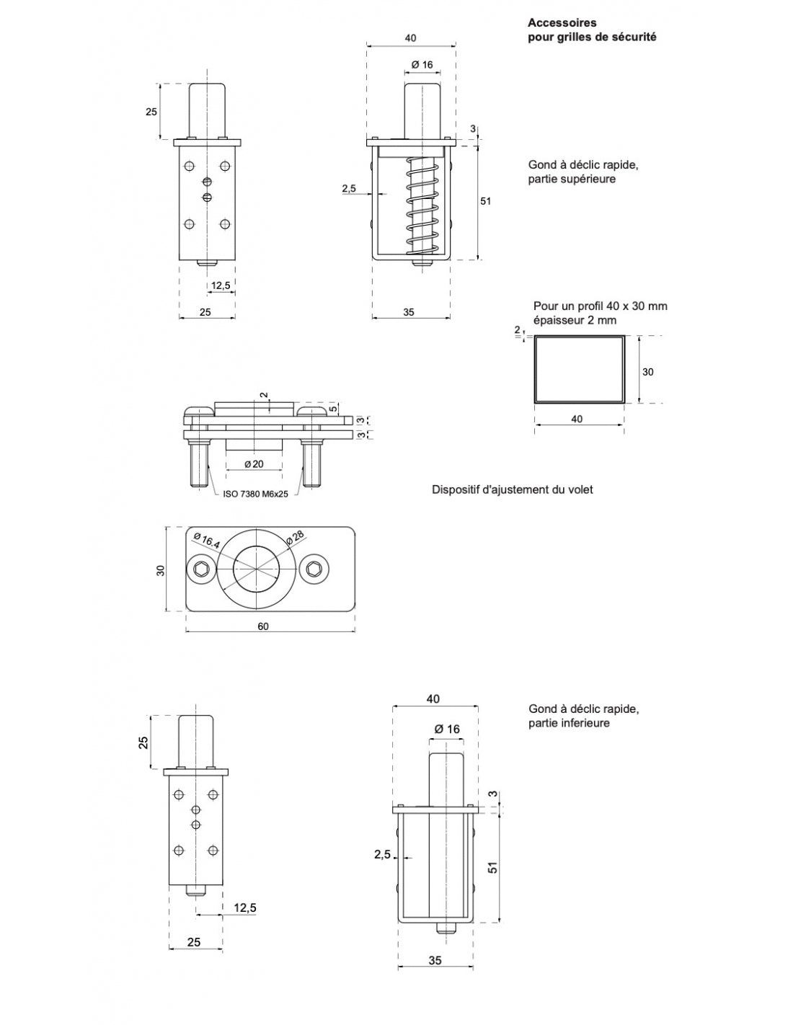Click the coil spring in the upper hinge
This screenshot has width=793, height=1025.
[422, 205]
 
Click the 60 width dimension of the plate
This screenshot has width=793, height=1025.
[263, 626]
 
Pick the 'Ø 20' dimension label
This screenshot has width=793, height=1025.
[254, 464]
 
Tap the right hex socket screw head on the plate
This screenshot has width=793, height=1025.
[314, 571]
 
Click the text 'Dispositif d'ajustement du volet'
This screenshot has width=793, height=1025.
[512, 490]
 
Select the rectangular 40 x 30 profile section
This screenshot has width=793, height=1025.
[578, 369]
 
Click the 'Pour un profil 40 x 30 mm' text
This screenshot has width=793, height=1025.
[600, 306]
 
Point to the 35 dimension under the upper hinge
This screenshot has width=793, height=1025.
[408, 313]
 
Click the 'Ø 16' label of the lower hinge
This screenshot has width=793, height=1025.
[447, 729]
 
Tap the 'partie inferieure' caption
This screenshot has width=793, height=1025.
[569, 723]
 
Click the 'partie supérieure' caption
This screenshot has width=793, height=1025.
[572, 179]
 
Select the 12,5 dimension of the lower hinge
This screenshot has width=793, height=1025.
[244, 908]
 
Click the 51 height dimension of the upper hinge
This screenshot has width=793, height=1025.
[485, 201]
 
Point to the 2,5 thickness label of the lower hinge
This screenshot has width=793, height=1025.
[382, 854]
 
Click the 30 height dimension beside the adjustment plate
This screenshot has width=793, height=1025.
[161, 569]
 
